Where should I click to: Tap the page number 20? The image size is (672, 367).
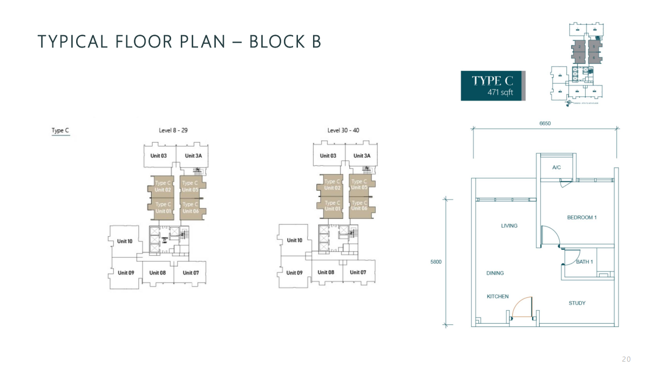[x=626, y=359]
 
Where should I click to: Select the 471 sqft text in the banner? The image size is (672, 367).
[x=500, y=92]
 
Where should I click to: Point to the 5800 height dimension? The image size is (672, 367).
[x=436, y=262]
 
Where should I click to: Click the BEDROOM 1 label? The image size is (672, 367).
[x=581, y=217]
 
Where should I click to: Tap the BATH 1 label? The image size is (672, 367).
[x=584, y=262]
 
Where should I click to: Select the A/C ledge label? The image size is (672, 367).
[x=556, y=168]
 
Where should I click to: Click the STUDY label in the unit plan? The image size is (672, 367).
[x=576, y=303]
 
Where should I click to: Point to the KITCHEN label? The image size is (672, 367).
[x=498, y=296]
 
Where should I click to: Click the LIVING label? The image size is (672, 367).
[x=509, y=225]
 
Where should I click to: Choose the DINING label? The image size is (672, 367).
[x=495, y=273]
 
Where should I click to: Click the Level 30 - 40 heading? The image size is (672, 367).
[x=343, y=130]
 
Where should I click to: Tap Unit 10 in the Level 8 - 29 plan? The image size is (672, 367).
[x=125, y=241]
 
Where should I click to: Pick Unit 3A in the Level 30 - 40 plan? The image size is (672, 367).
[x=362, y=156]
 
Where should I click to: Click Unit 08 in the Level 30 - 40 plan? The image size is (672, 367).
[x=326, y=272]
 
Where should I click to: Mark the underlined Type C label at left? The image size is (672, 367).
[x=60, y=130]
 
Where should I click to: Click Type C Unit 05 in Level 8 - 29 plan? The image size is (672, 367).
[x=191, y=186]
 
